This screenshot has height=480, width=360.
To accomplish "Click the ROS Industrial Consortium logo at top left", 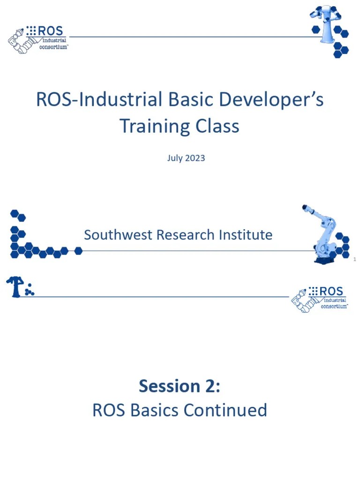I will pyautogui.click(x=37, y=38).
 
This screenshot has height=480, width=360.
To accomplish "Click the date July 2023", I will pyautogui.click(x=186, y=158).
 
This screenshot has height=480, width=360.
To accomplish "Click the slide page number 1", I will pyautogui.click(x=355, y=259).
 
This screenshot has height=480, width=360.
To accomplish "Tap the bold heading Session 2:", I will pyautogui.click(x=180, y=386).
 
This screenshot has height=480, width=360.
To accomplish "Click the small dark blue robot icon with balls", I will pyautogui.click(x=19, y=287).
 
